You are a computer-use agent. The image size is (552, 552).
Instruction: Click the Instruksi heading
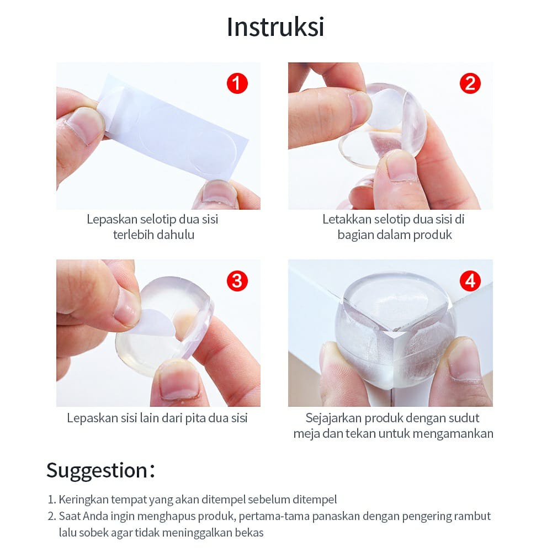click(275, 27)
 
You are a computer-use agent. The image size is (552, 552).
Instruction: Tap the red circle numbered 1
click(237, 83)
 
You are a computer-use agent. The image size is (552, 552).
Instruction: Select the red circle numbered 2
click(470, 83)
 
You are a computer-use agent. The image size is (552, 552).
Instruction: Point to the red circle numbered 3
click(237, 280)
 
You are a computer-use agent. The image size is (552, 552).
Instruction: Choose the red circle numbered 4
click(470, 280)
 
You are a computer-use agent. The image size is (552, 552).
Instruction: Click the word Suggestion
click(97, 471)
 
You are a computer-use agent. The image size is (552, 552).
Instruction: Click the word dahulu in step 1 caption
click(176, 235)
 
